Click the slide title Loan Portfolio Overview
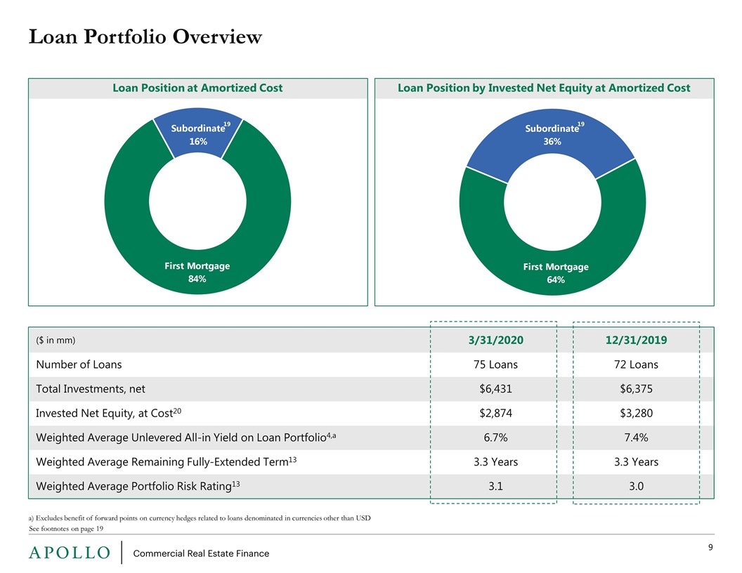[x=145, y=37]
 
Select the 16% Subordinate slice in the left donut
[x=198, y=133]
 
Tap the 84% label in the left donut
[x=197, y=279]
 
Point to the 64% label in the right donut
[x=556, y=280]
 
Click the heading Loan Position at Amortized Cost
[x=197, y=88]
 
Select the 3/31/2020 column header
[x=496, y=341]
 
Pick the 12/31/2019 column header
[x=636, y=341]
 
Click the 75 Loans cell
[x=495, y=364]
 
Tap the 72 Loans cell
[x=636, y=364]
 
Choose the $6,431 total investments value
[x=495, y=389]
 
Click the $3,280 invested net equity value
[x=636, y=413]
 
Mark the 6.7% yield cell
[x=495, y=437]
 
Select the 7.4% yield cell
[x=636, y=437]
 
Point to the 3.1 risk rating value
[x=495, y=487]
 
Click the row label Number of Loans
[x=79, y=364]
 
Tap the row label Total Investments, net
[x=91, y=389]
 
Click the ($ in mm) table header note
[x=56, y=341]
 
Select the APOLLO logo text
[x=70, y=553]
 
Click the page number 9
[x=710, y=548]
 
